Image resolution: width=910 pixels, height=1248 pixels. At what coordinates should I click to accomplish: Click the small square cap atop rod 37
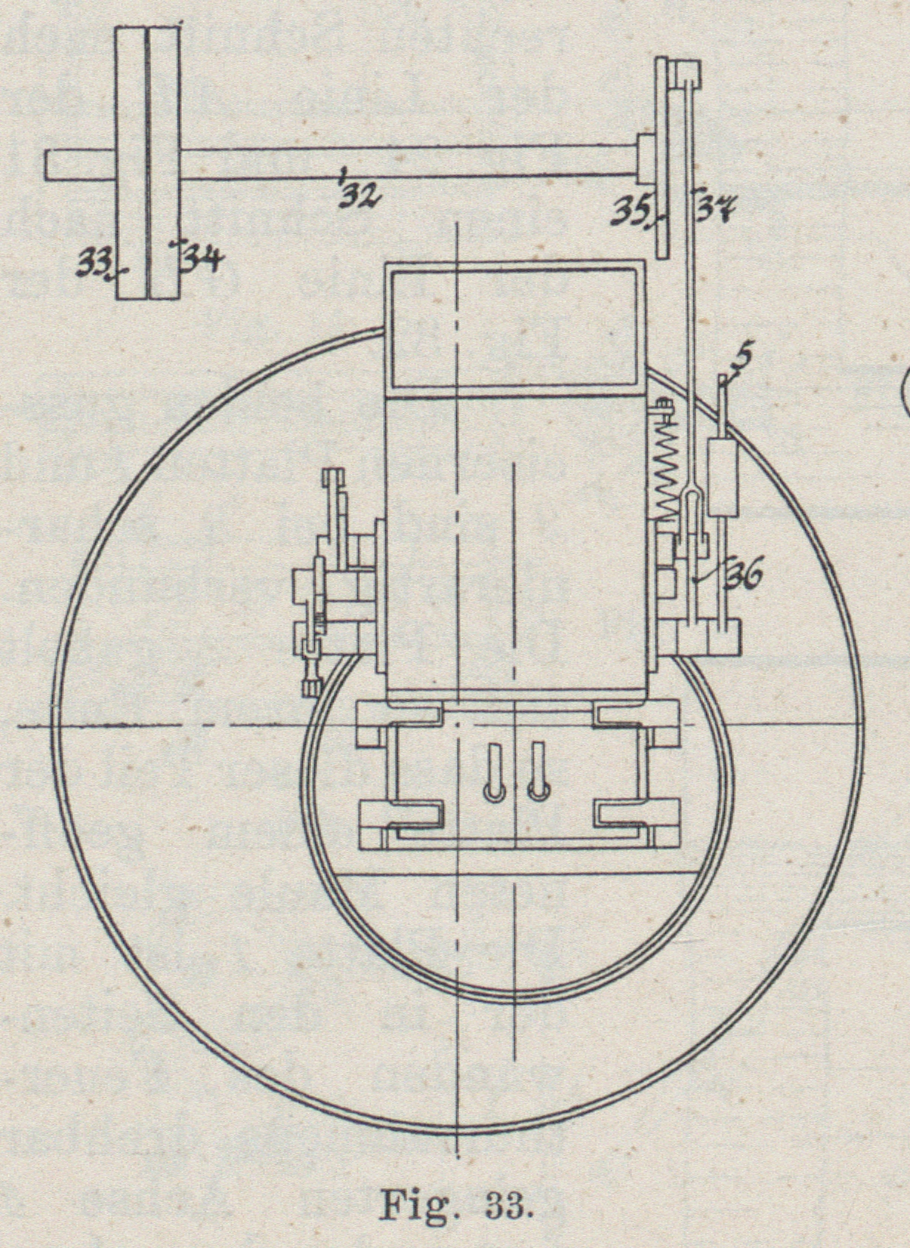click(688, 72)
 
